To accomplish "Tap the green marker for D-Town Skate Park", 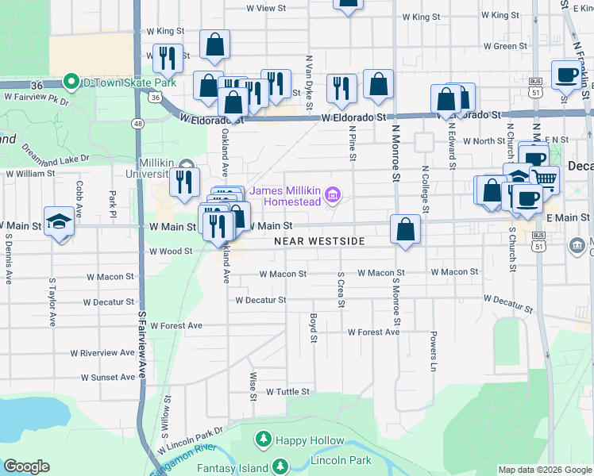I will [x=71, y=83].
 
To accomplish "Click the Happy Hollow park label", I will [x=309, y=440].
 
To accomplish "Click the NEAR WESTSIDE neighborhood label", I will [x=319, y=241].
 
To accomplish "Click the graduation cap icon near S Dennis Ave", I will [x=59, y=222].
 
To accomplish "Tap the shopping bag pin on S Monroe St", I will [x=406, y=230].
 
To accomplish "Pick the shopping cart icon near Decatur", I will [x=545, y=180].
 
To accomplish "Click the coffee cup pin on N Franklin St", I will [x=566, y=75].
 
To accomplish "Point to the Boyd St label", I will [x=314, y=327].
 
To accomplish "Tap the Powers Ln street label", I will [x=434, y=351].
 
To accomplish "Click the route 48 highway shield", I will [x=138, y=124].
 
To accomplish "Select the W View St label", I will [x=265, y=8].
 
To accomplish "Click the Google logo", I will [x=26, y=466].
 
